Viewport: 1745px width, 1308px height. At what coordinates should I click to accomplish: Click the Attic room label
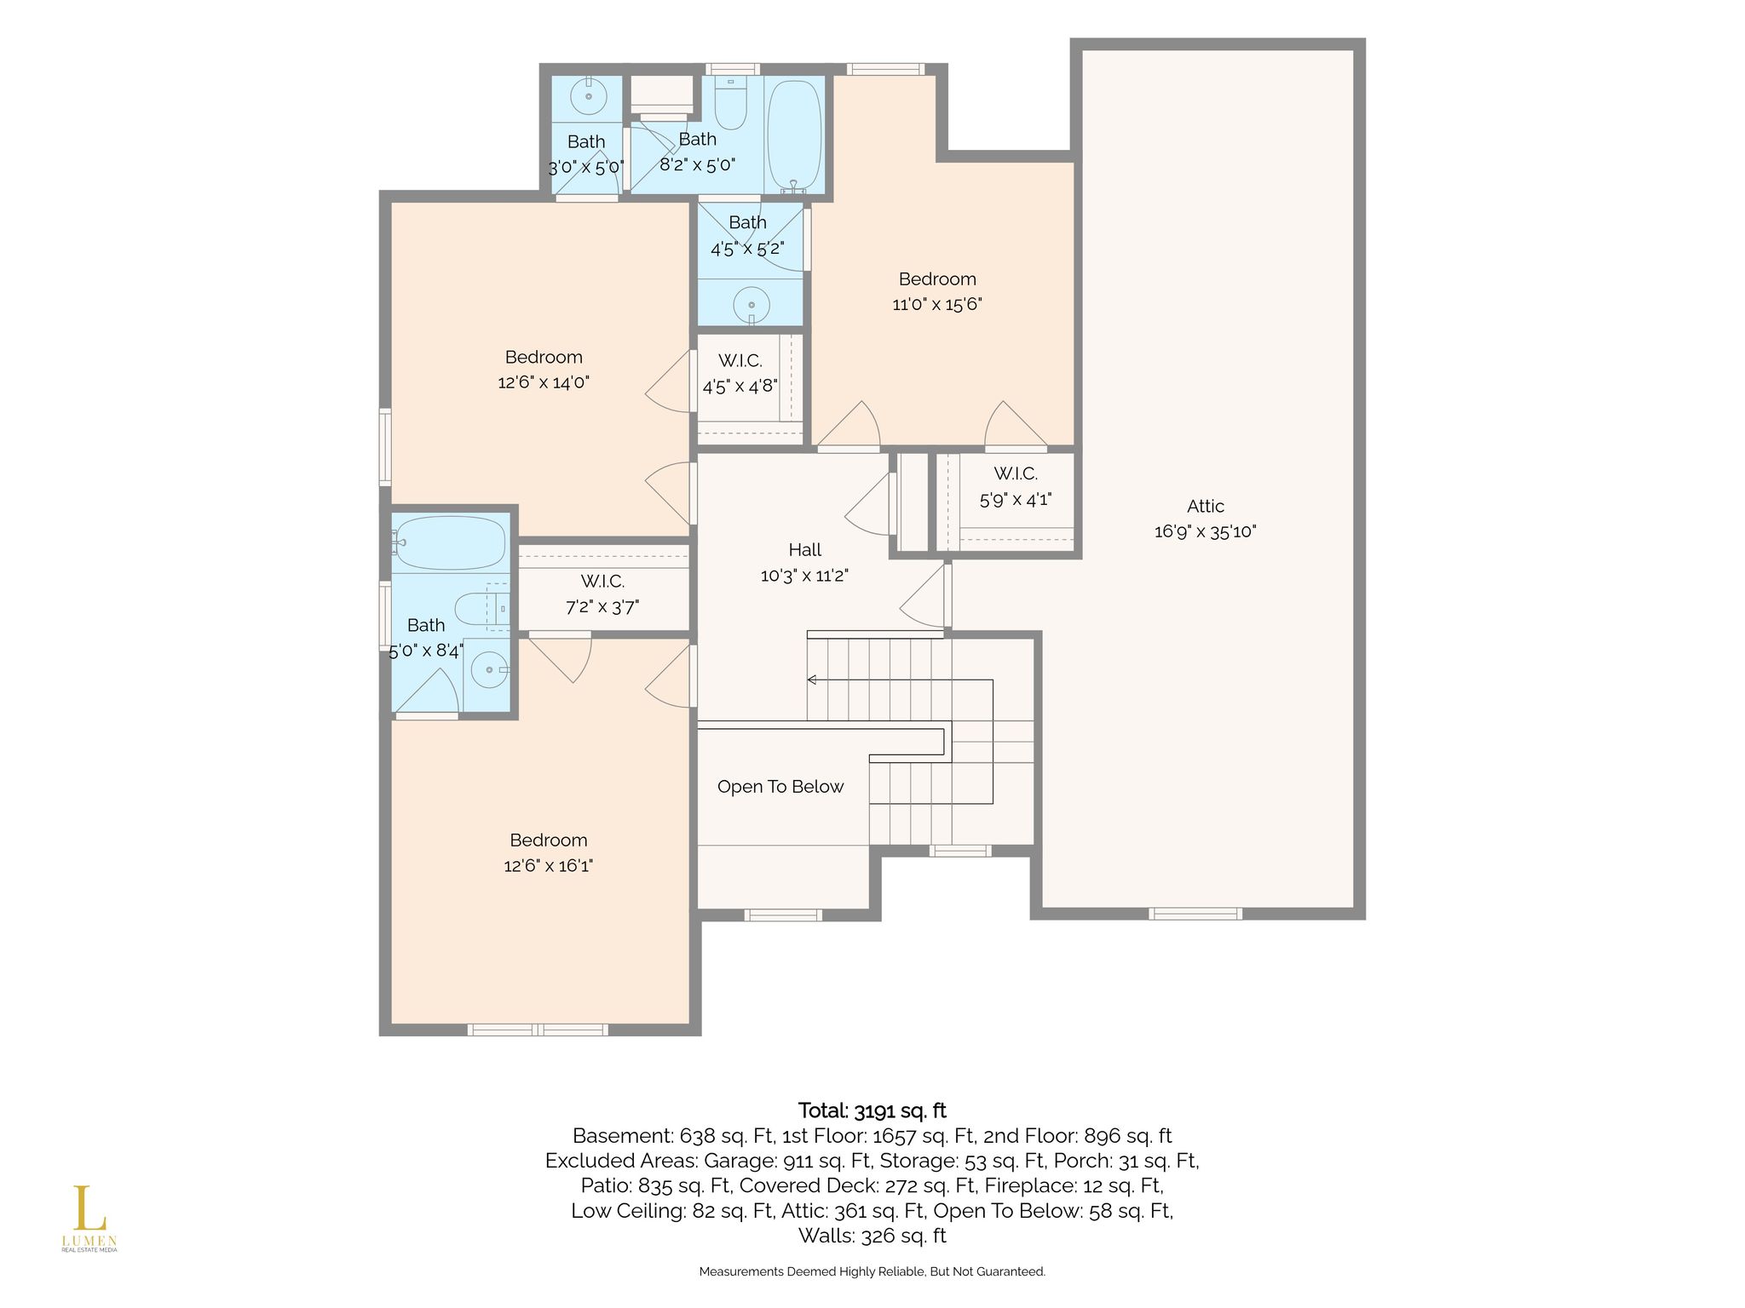pos(1206,506)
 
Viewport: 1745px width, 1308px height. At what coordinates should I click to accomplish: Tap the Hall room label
pos(804,550)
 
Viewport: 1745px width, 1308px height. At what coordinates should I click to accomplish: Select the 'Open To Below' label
pos(780,787)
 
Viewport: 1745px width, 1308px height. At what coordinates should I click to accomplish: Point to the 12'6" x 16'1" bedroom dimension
pos(549,866)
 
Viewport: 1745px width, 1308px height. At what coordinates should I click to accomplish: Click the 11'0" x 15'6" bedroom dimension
pos(937,305)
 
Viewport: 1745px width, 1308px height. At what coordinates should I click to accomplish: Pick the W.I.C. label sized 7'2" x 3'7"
pos(603,582)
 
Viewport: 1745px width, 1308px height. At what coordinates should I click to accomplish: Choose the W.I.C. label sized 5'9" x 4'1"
pos(1016,473)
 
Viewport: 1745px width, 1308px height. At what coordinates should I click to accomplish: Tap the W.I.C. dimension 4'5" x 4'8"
pos(740,387)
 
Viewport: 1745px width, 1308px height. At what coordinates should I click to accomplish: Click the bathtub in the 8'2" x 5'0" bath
pos(795,137)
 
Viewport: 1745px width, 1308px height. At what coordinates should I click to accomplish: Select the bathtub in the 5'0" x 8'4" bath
pos(452,543)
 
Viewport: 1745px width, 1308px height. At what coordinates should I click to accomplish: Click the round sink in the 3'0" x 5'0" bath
pos(588,95)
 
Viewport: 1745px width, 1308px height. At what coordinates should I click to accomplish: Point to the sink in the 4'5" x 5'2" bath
pos(752,305)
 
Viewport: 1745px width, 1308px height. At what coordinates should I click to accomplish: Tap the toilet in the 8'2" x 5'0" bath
pos(730,103)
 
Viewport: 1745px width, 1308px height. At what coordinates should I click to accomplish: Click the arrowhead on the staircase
pos(812,680)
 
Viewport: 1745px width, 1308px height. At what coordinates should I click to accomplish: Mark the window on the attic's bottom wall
pos(1195,914)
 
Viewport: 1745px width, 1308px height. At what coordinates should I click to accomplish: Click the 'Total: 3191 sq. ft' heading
pos(872,1110)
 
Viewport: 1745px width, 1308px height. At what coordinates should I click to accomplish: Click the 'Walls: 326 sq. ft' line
pos(872,1236)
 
